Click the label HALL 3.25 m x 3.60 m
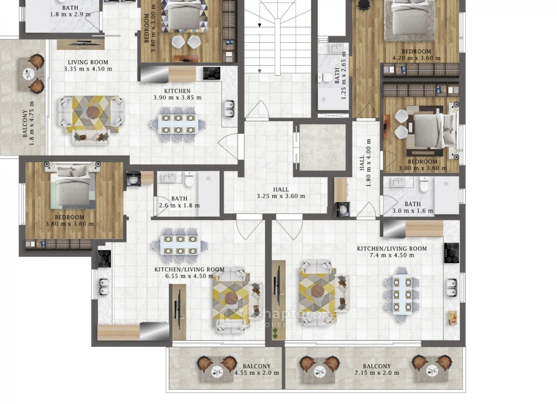281,193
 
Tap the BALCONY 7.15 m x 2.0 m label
377,370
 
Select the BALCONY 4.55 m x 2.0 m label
257,370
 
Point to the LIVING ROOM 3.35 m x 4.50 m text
88,65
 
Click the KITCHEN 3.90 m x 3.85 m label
177,94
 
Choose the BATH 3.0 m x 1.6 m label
413,208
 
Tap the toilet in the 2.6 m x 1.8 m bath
189,179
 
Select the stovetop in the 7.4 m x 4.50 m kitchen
452,253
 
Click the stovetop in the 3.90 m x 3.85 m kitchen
212,73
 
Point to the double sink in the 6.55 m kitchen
104,287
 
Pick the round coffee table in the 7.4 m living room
317,291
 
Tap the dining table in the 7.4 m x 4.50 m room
402,294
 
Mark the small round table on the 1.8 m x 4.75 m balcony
27,73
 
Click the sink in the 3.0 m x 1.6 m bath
398,182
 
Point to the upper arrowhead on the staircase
259,25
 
